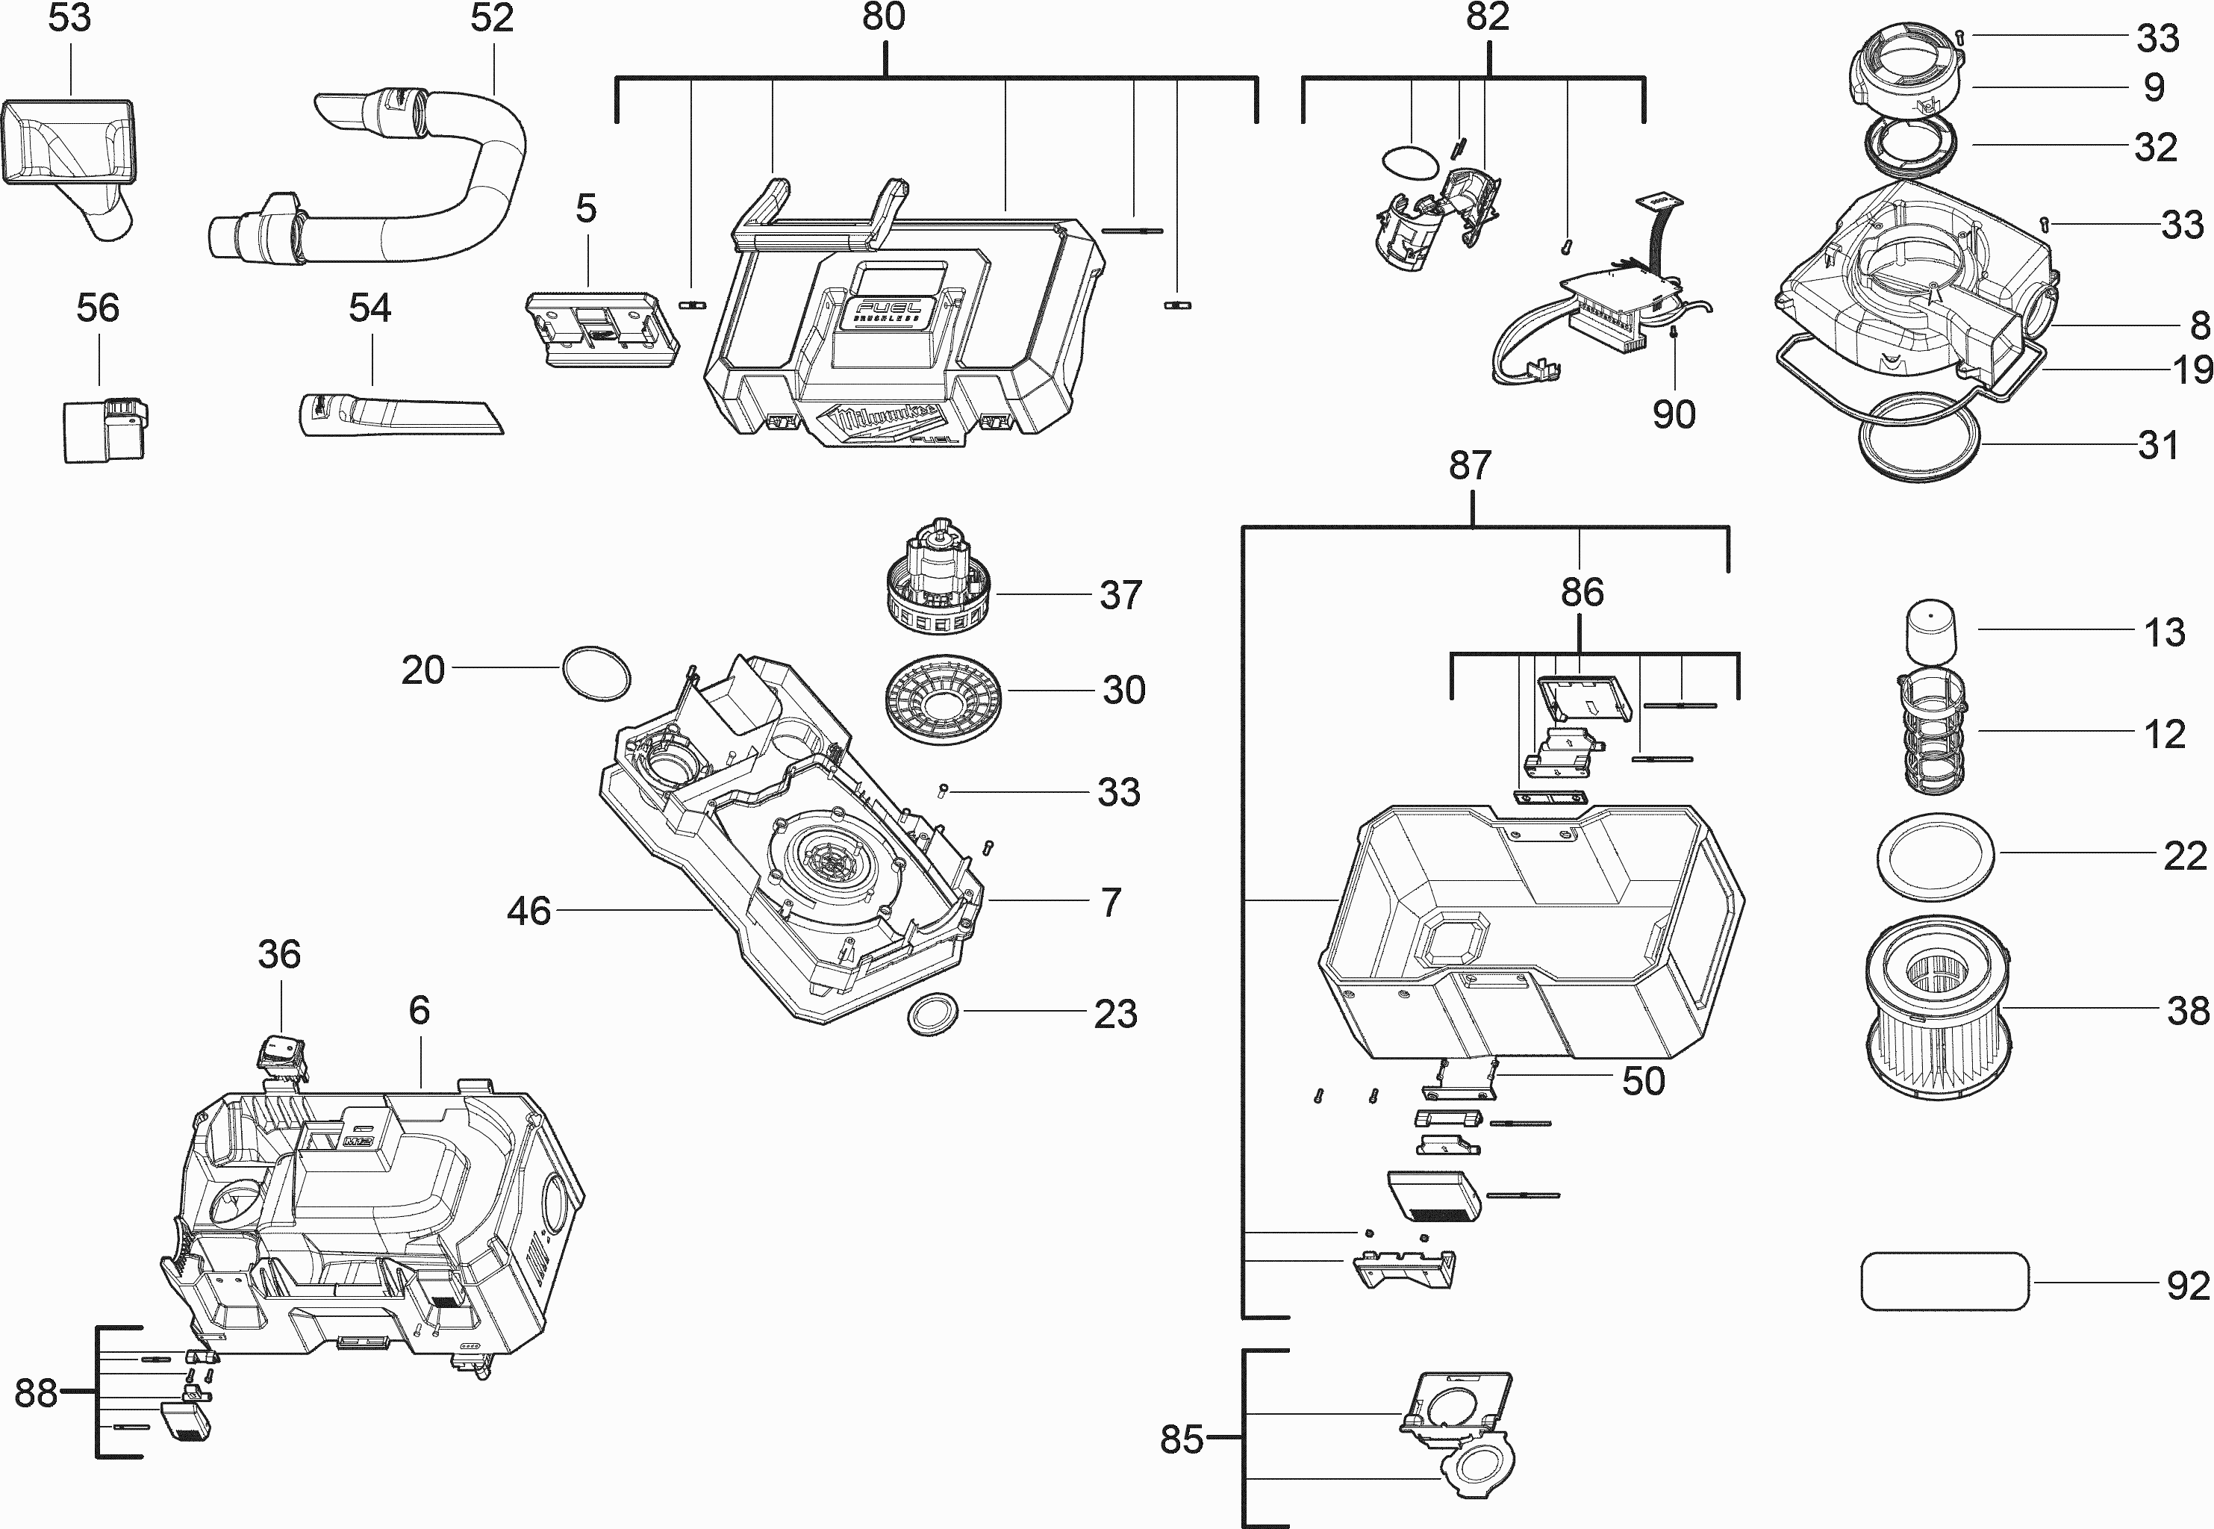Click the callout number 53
pos(70,18)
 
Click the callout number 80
pos(883,17)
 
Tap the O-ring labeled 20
pos(596,673)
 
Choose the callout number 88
pos(37,1393)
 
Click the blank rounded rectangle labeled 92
pos(1944,1281)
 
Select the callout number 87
pos(1470,466)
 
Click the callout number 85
pos(1181,1439)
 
